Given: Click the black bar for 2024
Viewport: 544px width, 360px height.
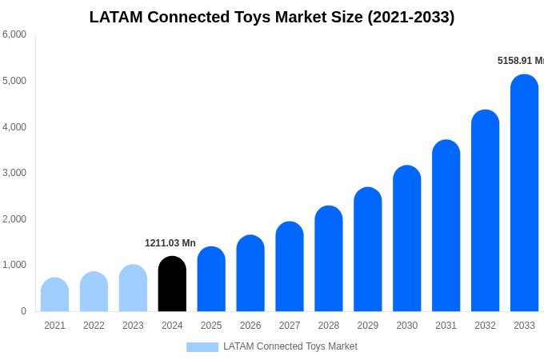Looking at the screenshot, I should point(172,284).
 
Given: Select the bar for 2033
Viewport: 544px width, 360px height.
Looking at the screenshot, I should point(524,193).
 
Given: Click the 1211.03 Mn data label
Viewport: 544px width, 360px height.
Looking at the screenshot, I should point(170,243).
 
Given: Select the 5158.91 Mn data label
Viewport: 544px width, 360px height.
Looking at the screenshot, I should point(520,61).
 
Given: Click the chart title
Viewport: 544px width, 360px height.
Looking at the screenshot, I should point(272,17).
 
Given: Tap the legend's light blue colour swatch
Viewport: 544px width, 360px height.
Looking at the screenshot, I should point(202,347).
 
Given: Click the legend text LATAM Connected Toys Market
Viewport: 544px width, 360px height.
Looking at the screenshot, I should point(290,346).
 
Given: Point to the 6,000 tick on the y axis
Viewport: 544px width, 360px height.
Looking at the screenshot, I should point(14,34).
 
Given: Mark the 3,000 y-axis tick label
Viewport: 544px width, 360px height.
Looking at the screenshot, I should point(14,173).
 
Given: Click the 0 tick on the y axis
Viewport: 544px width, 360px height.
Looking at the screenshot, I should point(23,311).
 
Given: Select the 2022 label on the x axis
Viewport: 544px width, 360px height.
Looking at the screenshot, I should point(94,326).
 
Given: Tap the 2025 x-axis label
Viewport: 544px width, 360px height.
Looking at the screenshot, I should point(211,326).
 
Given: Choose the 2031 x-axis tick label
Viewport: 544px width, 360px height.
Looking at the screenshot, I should point(446,326).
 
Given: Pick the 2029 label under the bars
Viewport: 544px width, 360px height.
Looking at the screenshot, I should point(368,326).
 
